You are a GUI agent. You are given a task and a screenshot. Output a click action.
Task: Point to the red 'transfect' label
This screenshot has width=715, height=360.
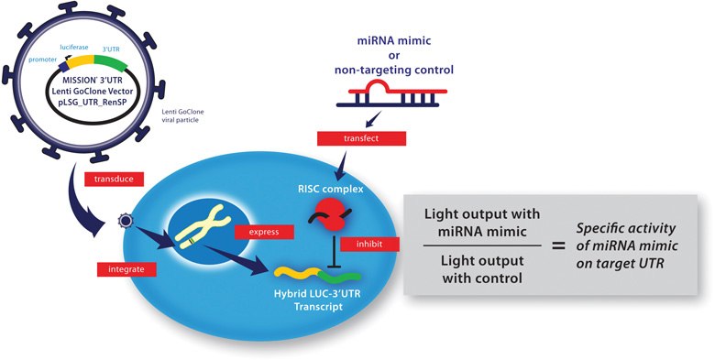[347, 139]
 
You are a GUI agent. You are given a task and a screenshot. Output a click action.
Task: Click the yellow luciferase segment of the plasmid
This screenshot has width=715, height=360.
[74, 63]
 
